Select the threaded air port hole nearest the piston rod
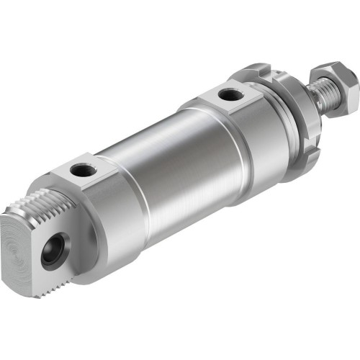[x=230, y=94]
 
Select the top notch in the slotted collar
[x=268, y=70]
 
